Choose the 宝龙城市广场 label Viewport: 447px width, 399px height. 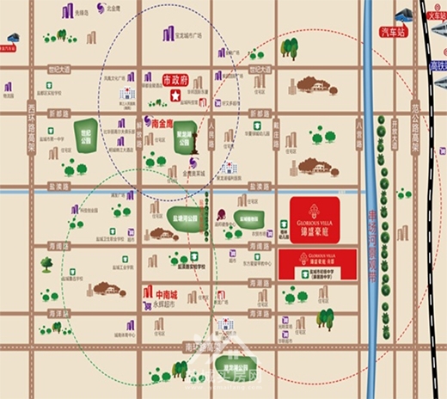187,37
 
